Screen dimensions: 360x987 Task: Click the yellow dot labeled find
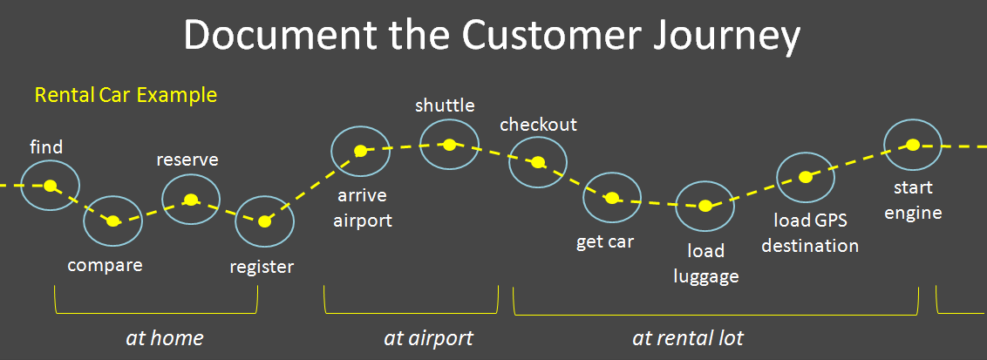click(x=51, y=185)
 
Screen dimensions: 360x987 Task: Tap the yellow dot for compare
click(x=112, y=221)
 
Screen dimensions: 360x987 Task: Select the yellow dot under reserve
click(x=190, y=199)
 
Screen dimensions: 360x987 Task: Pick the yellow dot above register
click(x=264, y=221)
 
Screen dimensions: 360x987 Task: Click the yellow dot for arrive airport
click(x=360, y=151)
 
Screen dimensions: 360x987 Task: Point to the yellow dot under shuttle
click(x=449, y=145)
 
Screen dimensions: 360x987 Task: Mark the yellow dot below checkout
click(x=538, y=162)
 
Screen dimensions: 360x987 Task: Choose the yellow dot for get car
click(x=612, y=198)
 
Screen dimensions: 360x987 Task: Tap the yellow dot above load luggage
click(x=705, y=206)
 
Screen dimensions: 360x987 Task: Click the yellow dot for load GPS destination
click(x=806, y=177)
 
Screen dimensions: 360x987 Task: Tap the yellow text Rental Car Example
click(x=126, y=94)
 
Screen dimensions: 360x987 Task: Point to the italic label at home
click(x=165, y=337)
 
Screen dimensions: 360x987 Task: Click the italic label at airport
click(x=428, y=337)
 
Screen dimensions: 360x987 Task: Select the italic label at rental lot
click(x=688, y=337)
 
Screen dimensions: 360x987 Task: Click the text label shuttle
click(x=445, y=106)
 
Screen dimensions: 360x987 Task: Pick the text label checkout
click(x=538, y=125)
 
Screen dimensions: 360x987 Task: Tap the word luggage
click(x=705, y=276)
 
